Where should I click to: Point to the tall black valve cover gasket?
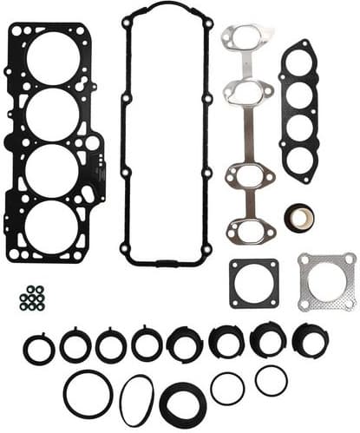click(x=126, y=130)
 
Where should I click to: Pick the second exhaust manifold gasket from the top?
click(x=246, y=90)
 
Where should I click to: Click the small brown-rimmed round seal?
click(x=299, y=217)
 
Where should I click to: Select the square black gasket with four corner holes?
click(x=254, y=283)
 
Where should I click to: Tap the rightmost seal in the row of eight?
click(x=310, y=340)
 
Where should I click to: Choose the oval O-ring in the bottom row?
click(x=136, y=400)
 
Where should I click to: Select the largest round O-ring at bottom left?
click(x=88, y=394)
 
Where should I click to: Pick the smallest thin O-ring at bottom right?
click(x=271, y=379)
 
